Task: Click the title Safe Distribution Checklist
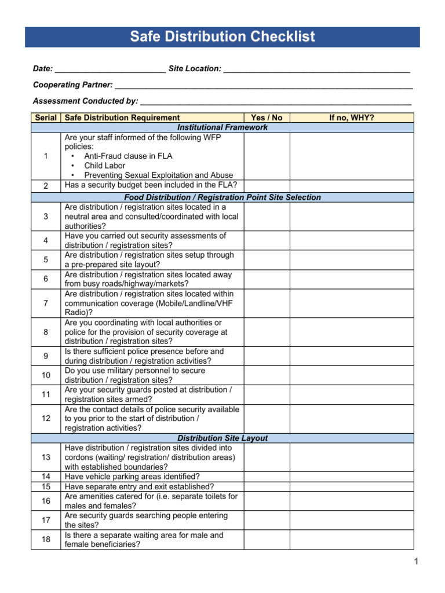pos(222,37)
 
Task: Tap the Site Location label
pos(195,69)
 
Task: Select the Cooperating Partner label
pos(73,85)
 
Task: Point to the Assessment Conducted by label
pos(86,101)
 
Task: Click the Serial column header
pos(46,118)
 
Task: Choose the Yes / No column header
pos(267,118)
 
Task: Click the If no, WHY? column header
pos(351,118)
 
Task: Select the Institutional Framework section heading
pos(222,127)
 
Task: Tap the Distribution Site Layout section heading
pos(222,438)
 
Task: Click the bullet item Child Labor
pos(105,166)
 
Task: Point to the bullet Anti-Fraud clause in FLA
pos(128,156)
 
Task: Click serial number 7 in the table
pos(46,303)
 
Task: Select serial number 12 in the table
pos(46,418)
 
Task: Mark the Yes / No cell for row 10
pos(267,375)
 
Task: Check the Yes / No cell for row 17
pos(267,520)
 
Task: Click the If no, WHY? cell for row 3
pos(351,217)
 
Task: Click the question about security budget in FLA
pos(151,185)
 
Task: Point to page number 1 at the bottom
pos(416,561)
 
